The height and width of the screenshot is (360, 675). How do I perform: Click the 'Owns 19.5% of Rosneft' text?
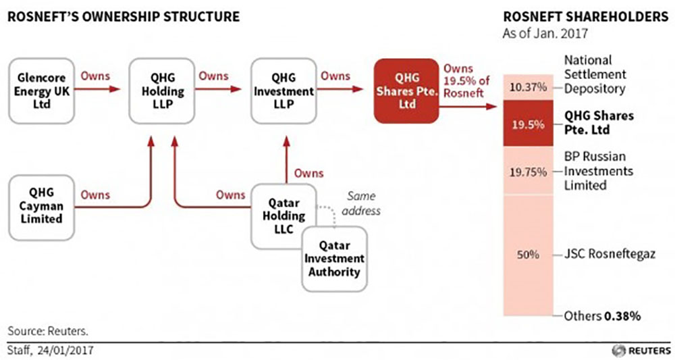(464, 80)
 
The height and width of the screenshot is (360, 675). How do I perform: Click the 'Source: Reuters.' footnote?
(48, 331)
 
